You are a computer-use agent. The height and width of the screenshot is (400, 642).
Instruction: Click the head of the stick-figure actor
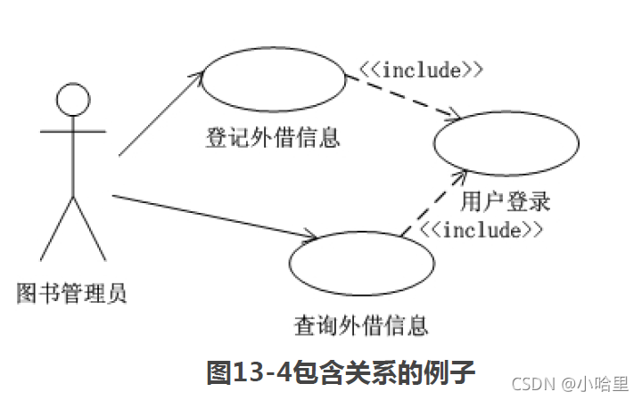(72, 99)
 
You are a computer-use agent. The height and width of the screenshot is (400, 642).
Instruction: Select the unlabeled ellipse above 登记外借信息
(272, 80)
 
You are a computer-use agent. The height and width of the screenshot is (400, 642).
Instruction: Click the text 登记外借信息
(273, 139)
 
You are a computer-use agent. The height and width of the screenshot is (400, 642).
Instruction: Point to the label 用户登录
(506, 200)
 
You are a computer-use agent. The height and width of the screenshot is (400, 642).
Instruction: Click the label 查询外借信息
(361, 325)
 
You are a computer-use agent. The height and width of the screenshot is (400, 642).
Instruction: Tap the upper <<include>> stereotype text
(421, 69)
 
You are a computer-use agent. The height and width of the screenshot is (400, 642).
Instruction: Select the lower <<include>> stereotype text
(481, 230)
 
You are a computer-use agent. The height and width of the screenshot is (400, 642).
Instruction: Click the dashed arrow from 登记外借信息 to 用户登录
(403, 97)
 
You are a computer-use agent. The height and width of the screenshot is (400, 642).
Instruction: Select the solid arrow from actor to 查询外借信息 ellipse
(214, 216)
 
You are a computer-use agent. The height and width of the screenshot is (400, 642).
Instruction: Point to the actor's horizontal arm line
(72, 130)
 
